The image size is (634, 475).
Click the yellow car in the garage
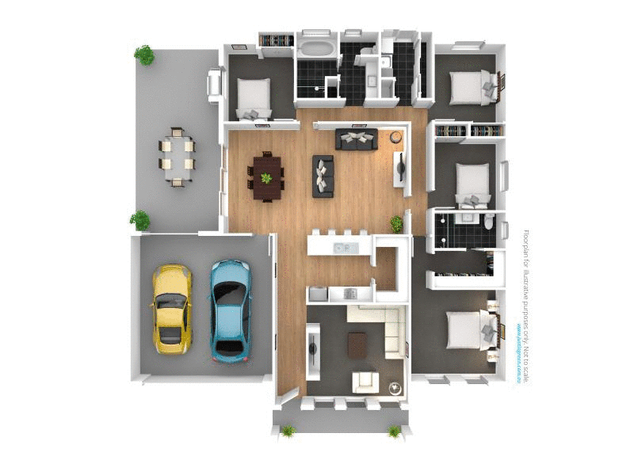coord(171,309)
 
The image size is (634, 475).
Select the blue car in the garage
coord(230,310)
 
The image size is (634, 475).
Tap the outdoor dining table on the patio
coord(177,156)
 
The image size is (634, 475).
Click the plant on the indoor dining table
coord(265,178)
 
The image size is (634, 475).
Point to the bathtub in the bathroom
coord(317,48)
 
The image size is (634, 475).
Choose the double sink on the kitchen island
coord(346,248)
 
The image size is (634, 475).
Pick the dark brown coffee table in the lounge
coord(357,344)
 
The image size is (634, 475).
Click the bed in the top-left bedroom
coord(254,98)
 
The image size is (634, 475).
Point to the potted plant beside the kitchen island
coord(396,223)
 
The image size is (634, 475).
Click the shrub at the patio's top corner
coord(144,55)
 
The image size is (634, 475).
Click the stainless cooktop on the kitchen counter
coord(318,294)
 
